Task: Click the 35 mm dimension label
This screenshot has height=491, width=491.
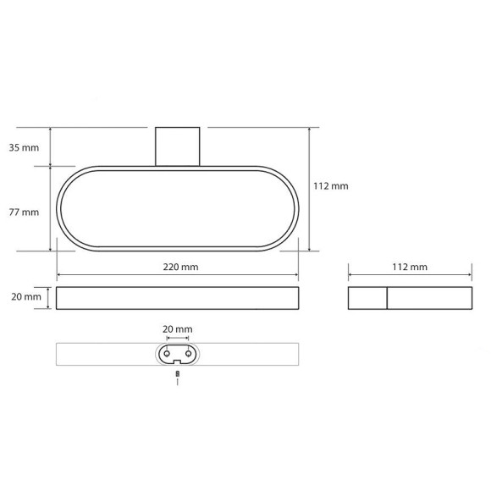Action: [24, 147]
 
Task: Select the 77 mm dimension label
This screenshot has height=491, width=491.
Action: [24, 212]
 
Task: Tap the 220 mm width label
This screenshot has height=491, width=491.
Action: [180, 267]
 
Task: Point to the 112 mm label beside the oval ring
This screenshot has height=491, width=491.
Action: [331, 186]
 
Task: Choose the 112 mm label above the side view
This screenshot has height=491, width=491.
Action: [410, 267]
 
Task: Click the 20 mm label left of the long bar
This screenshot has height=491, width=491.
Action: [26, 296]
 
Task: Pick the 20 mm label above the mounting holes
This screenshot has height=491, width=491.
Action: [178, 329]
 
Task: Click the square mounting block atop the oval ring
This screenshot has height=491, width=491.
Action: [178, 146]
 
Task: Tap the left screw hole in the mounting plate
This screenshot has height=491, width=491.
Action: [167, 354]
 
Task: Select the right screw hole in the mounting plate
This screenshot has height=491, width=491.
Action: [188, 354]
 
